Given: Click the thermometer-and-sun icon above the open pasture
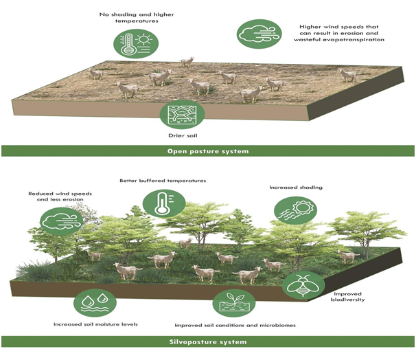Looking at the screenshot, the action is pos(136,43).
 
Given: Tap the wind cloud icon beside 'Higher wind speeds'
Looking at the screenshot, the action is pos(259,34).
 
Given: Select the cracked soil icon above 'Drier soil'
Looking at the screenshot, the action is pos(182,115).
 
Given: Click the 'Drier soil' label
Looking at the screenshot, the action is pos(183,135).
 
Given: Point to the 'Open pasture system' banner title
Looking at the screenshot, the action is pos(208,151).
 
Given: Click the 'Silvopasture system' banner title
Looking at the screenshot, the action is pos(208,341).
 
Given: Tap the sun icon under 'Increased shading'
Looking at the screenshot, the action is pos(296,211).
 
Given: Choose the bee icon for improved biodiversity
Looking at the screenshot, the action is pos(303,286).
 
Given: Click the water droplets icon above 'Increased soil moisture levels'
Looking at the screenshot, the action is pos(95,303).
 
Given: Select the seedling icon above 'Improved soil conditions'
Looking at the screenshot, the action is pos(234,303).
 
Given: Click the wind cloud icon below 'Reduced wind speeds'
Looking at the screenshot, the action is pos(61,221).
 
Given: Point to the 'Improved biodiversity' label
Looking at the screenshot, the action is pos(347,297).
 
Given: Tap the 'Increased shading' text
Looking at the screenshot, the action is pos(296,188).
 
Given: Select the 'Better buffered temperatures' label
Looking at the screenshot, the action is pos(163,181).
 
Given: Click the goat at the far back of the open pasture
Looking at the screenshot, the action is pos(187,62).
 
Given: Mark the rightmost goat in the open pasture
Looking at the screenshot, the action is pos(348,75).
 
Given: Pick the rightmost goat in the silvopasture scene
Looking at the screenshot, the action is pos(348,256).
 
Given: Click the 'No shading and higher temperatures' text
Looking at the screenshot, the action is pos(137,18).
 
